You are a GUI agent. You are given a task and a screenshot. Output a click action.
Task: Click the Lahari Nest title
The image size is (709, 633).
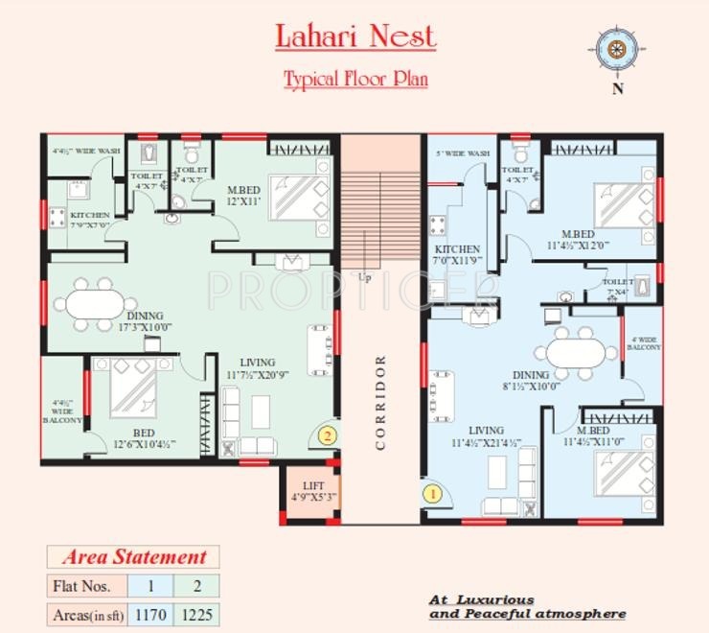click(x=354, y=36)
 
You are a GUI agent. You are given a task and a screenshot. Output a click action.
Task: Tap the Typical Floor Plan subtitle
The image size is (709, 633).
click(x=354, y=79)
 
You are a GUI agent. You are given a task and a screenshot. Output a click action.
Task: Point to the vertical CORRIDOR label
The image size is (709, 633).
click(x=380, y=402)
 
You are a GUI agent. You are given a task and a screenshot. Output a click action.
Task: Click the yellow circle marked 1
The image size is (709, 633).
click(x=431, y=495)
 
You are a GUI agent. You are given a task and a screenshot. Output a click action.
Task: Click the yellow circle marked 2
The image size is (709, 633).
click(x=327, y=434)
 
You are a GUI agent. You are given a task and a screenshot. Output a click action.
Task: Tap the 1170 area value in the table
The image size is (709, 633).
click(x=149, y=613)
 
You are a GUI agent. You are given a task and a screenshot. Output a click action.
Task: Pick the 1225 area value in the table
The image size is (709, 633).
click(x=196, y=613)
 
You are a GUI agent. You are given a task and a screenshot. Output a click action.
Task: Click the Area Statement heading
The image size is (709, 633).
click(x=134, y=557)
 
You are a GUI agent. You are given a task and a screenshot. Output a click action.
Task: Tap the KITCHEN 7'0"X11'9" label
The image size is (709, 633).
click(x=456, y=255)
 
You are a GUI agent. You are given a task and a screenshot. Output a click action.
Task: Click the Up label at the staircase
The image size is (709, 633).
click(x=364, y=277)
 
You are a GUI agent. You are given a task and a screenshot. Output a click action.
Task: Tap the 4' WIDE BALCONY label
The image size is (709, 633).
click(x=644, y=343)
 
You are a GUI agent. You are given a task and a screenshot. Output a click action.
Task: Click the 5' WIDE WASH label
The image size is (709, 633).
click(x=463, y=153)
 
